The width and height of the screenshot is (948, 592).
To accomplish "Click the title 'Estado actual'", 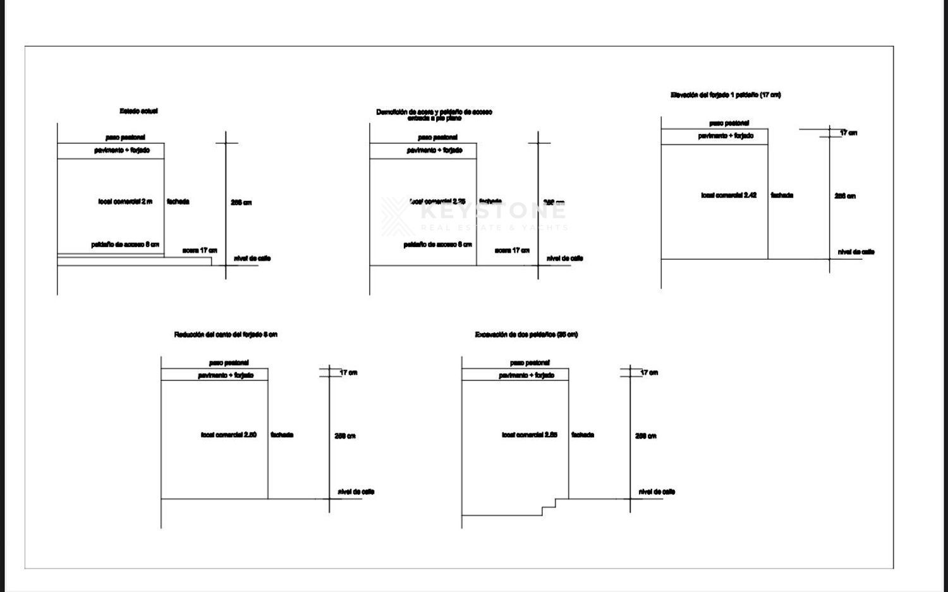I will click(x=138, y=111).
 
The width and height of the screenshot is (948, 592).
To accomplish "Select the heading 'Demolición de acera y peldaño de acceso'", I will click(x=434, y=112).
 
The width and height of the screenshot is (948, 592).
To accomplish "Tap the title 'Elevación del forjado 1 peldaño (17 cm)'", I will click(x=726, y=95).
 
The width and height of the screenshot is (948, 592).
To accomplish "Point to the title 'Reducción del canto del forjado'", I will click(x=226, y=334).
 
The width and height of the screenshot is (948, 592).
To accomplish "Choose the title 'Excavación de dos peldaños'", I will click(x=526, y=334).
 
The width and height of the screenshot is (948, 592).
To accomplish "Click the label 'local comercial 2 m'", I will click(x=125, y=202).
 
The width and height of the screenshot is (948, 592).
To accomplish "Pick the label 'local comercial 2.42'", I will click(x=729, y=195).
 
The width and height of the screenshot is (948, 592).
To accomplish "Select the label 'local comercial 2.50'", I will click(x=229, y=435).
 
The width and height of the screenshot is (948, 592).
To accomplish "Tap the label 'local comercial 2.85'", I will click(x=530, y=435).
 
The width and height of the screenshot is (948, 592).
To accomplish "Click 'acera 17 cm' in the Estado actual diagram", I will click(x=200, y=250).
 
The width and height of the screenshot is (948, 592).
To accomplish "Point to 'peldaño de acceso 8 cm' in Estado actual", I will click(x=125, y=245).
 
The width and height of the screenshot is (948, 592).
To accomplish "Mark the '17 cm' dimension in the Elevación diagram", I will click(x=848, y=133).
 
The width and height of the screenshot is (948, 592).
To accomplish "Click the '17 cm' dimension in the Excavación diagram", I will click(x=649, y=373).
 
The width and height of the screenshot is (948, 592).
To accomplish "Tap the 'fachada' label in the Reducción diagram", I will click(x=282, y=435).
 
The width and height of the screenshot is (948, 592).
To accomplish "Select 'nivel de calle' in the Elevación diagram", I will click(x=856, y=251).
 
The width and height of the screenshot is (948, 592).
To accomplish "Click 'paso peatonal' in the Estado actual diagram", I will click(x=125, y=137).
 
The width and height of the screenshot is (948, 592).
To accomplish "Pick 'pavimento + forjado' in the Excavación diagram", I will click(x=526, y=375).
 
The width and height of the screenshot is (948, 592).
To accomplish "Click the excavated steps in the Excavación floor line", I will click(x=549, y=507).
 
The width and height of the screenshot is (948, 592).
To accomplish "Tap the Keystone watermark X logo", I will click(x=396, y=216).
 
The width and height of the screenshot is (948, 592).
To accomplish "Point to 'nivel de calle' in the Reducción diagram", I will click(x=356, y=492).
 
